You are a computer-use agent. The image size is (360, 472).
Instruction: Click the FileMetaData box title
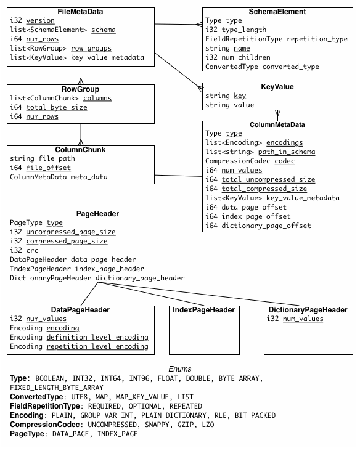80,12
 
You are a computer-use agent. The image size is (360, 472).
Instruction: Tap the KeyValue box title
277,87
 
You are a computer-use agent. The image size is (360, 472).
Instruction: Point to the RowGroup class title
81,89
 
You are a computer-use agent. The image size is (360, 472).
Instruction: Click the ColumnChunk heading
80,150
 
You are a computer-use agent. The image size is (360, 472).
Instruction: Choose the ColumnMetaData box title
277,124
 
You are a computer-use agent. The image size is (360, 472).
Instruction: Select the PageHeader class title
97,214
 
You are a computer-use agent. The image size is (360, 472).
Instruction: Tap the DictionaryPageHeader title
308,310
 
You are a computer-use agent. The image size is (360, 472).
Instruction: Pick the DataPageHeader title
80,310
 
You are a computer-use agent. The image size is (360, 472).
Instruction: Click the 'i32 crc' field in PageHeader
24,251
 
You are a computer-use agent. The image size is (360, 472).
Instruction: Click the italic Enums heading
179,369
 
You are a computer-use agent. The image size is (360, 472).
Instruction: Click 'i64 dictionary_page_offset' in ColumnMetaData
258,226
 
